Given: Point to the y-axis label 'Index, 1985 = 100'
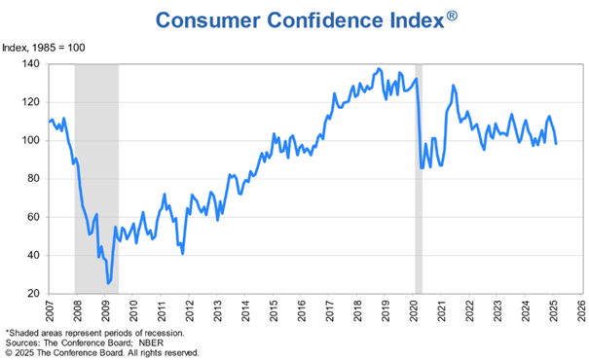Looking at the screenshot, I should [x=43, y=47].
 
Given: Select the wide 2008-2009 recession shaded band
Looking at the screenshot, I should [x=96, y=175].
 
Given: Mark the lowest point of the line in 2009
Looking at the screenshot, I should [x=108, y=283].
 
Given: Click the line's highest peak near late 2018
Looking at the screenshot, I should [x=379, y=69].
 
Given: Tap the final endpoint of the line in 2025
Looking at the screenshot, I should [x=556, y=143].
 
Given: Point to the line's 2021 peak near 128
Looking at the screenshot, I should [x=453, y=86].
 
